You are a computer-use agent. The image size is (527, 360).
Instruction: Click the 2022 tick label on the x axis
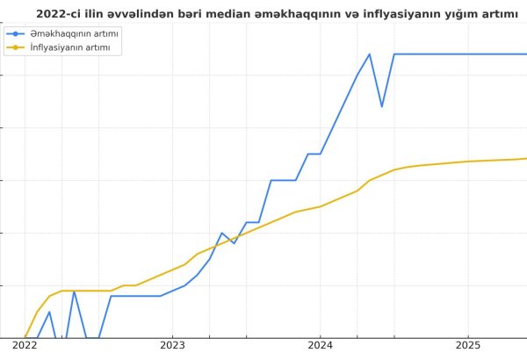[25, 347]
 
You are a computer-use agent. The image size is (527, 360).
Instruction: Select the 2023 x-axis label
[172, 347]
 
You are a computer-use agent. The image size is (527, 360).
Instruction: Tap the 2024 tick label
[320, 347]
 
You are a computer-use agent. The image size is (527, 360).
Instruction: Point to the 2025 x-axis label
[468, 347]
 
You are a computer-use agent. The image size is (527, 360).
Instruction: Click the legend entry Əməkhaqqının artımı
[75, 33]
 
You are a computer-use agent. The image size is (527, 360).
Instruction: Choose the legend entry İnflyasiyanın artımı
[69, 47]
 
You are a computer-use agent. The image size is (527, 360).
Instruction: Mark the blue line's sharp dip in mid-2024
[381, 107]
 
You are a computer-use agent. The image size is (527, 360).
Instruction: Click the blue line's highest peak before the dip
[370, 54]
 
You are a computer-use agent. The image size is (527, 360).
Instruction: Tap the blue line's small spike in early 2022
[49, 312]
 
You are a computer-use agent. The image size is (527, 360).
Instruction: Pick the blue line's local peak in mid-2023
[221, 233]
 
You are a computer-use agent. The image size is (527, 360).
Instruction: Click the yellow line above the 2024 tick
[320, 206]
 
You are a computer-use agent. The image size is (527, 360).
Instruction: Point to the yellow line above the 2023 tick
[172, 270]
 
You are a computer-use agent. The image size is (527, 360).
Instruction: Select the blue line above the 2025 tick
[468, 54]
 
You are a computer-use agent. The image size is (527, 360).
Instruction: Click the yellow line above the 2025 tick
[468, 162]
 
